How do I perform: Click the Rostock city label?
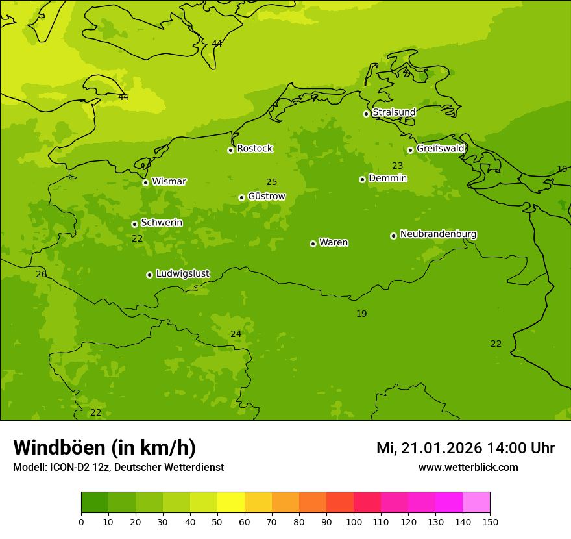coord(254,149)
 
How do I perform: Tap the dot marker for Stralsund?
coord(366,114)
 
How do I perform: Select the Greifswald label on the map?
coord(440,149)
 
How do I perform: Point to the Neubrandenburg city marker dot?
coord(393,236)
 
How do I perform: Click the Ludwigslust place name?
coord(182,274)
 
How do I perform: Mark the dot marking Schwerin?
coord(134,224)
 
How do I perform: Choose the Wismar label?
coord(169,182)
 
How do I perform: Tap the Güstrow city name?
coord(266,196)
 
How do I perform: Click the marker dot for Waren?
coord(313,244)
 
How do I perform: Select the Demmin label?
coord(387,179)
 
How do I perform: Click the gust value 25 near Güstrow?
coord(271,182)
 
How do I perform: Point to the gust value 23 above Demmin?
coord(397,166)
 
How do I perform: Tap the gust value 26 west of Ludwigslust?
coord(42,275)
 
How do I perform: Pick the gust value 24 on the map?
coord(236,334)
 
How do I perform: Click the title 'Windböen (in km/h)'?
coord(104,448)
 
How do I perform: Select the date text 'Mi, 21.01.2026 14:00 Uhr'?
coord(465,448)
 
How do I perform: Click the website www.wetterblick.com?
coord(468,468)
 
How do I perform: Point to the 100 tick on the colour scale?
coord(354,521)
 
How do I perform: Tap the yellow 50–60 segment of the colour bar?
coord(231,503)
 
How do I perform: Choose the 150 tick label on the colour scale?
coord(490,521)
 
